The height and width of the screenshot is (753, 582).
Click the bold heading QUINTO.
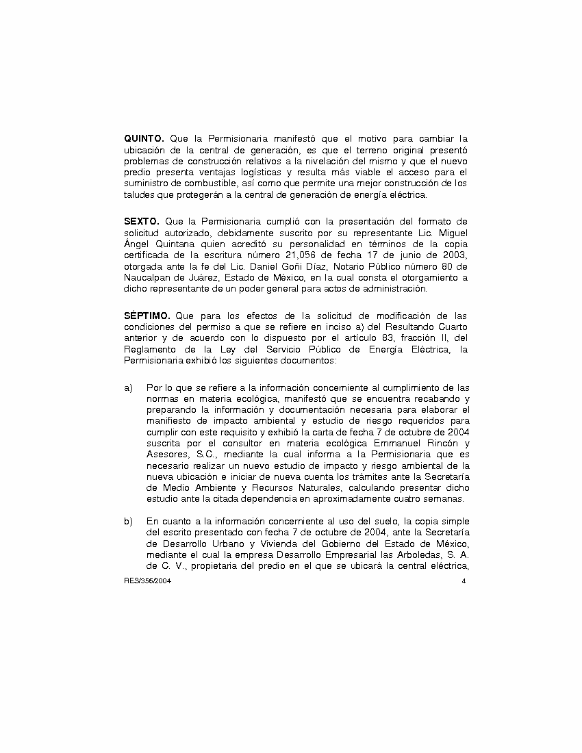click(x=144, y=138)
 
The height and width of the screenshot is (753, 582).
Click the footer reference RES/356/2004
click(x=143, y=580)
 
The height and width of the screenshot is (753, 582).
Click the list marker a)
click(x=128, y=388)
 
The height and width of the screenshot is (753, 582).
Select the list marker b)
click(x=128, y=522)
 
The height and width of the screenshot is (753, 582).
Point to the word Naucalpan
click(x=149, y=277)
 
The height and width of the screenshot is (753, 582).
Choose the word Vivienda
click(x=263, y=544)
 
